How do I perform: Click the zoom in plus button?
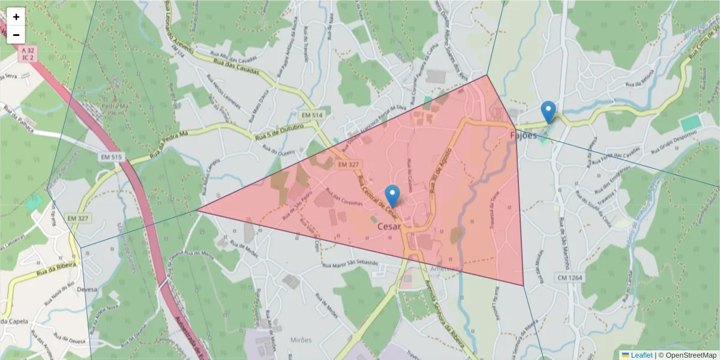coord(16,17)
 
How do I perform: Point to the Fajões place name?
coord(523,136)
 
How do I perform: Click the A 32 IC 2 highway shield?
coord(27,53)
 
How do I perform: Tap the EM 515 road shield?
coord(111,157)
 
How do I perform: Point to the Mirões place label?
coord(300,340)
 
